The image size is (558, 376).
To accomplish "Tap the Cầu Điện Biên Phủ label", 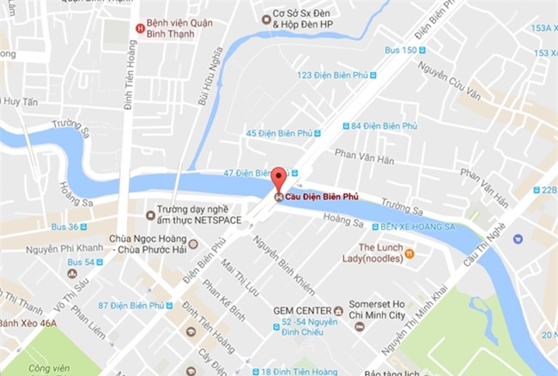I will tap(323, 197).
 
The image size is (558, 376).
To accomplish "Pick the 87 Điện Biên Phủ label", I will tap(133, 306).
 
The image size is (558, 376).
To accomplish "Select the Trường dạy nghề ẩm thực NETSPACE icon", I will tap(151, 215).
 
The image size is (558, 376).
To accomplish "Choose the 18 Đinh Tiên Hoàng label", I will tap(301, 370).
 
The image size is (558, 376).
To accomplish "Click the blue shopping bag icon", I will tap(518, 239).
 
